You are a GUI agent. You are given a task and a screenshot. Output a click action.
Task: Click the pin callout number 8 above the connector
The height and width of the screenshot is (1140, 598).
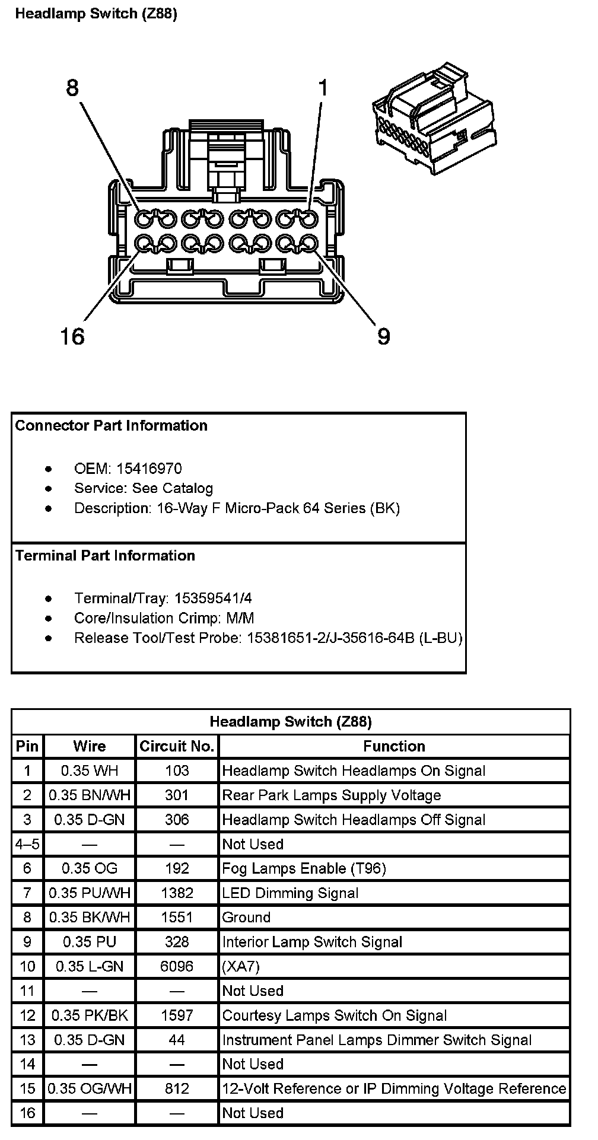point(72,88)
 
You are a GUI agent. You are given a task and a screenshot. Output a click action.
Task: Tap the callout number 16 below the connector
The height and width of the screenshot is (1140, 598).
point(72,336)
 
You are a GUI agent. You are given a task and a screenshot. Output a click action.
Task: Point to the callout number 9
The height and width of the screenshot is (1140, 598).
point(384,336)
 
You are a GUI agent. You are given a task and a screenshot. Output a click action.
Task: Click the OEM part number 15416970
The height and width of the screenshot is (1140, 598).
point(149,469)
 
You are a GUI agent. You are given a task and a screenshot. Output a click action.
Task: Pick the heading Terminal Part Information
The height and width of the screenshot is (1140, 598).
point(105,555)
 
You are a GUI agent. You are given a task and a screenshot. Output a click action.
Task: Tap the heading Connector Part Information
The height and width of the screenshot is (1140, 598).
point(112,425)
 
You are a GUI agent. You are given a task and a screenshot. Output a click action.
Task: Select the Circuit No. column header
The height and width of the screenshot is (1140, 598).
point(177,746)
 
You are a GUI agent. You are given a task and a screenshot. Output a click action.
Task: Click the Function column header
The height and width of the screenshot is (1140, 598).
point(394,746)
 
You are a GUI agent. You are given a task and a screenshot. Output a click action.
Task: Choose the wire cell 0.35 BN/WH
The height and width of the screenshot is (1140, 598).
point(90,795)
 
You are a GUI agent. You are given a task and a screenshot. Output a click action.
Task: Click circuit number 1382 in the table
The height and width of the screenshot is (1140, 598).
point(177,893)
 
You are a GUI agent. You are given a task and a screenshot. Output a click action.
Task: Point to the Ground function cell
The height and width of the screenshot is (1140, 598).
point(246,917)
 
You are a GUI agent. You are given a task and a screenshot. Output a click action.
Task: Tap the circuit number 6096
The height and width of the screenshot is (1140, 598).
point(177,966)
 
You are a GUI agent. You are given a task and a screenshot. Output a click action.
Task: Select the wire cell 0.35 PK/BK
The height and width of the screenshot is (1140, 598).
point(90,1015)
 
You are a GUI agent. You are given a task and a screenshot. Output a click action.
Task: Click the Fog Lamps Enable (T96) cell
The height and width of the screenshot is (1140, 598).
point(304,868)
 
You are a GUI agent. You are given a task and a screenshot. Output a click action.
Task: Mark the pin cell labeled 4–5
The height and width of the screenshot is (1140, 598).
point(27,844)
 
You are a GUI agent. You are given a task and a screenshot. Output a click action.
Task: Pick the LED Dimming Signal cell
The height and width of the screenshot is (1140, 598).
point(290,893)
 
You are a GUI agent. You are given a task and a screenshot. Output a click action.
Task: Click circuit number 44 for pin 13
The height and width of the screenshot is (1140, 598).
point(177,1040)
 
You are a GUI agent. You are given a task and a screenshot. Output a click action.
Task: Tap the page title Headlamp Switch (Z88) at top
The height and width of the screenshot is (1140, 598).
point(96,14)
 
